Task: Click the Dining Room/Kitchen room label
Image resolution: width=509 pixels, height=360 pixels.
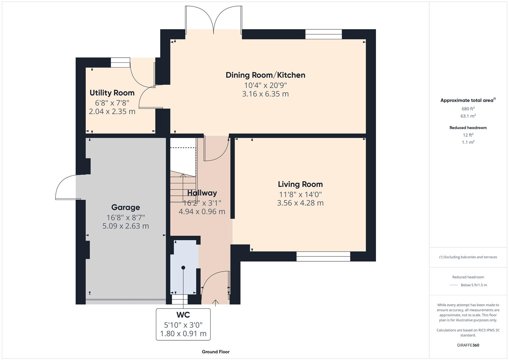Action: [x=265, y=75]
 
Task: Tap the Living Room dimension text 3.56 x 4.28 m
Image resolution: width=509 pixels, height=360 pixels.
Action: [x=300, y=203]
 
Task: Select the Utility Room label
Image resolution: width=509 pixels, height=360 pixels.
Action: [x=112, y=93]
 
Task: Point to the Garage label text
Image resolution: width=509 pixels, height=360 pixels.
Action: [x=125, y=207]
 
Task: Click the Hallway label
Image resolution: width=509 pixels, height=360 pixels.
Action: [x=202, y=193]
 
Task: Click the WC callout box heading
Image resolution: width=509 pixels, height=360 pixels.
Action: [x=183, y=315]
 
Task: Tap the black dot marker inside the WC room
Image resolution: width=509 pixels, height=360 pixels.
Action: [x=183, y=268]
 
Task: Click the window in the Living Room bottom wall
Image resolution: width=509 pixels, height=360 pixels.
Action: [x=323, y=256]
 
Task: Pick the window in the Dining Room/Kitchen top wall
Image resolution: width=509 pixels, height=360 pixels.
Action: [x=323, y=34]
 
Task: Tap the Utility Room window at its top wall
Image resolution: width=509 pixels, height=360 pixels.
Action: [x=120, y=62]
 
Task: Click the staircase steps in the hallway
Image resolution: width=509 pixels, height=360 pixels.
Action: [x=182, y=188]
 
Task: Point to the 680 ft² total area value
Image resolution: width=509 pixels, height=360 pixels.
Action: [x=468, y=109]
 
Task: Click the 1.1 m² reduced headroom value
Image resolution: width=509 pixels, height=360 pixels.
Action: [x=468, y=142]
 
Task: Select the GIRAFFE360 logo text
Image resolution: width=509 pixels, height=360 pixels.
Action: [x=468, y=345]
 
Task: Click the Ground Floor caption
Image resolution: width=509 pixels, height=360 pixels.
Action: [x=216, y=352]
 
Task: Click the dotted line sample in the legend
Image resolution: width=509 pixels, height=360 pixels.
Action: [x=454, y=285]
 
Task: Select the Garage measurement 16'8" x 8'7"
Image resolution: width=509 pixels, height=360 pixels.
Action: [x=125, y=218]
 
